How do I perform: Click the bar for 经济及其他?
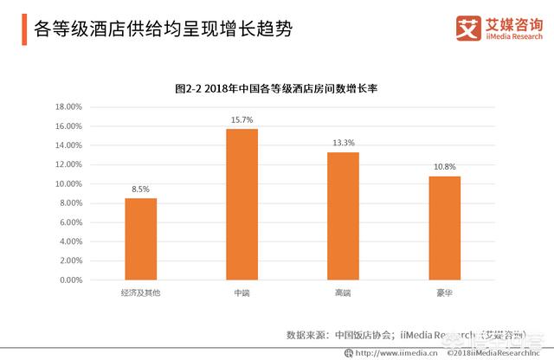point(141,240)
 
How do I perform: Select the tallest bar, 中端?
point(242,205)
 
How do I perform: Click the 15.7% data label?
point(242,120)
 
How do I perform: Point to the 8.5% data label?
point(141,190)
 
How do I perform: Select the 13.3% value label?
point(343,143)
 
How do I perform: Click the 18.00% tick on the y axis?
point(68,107)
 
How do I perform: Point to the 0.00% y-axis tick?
point(70,280)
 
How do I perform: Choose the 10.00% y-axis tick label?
point(68,184)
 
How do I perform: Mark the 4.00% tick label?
point(70,242)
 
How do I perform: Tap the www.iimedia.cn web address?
point(391,353)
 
